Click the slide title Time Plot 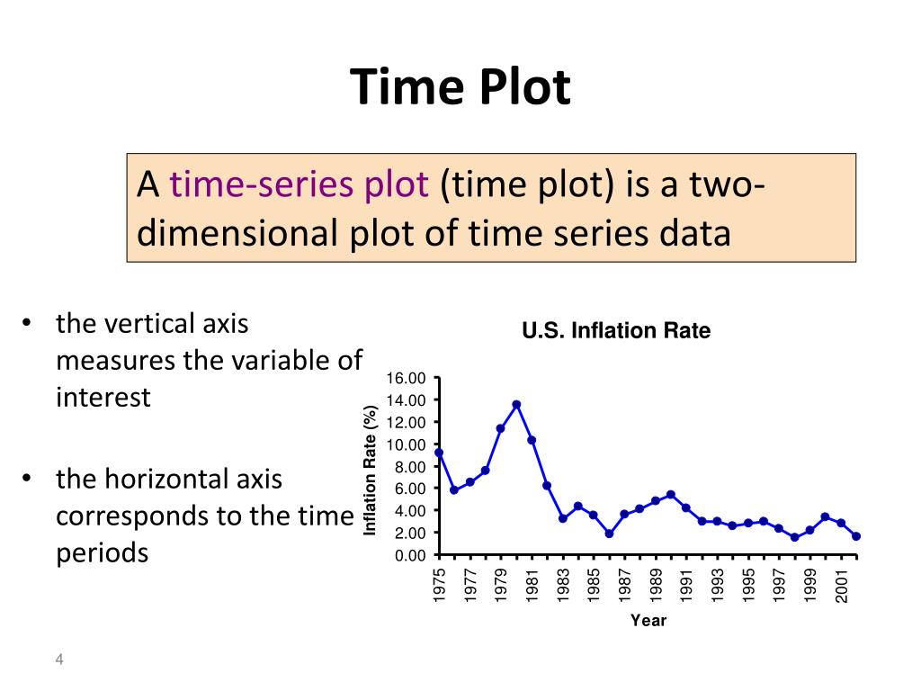click(460, 88)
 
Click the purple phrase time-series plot click(300, 185)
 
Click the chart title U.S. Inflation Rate click(616, 331)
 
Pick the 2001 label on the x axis click(841, 585)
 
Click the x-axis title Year click(648, 620)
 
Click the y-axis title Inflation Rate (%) click(369, 471)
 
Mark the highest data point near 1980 click(516, 405)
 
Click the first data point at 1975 click(439, 453)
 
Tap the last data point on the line click(856, 536)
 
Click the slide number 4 click(59, 661)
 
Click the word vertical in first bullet click(149, 323)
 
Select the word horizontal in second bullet click(165, 479)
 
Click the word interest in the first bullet click(103, 397)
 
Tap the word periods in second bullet click(102, 552)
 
